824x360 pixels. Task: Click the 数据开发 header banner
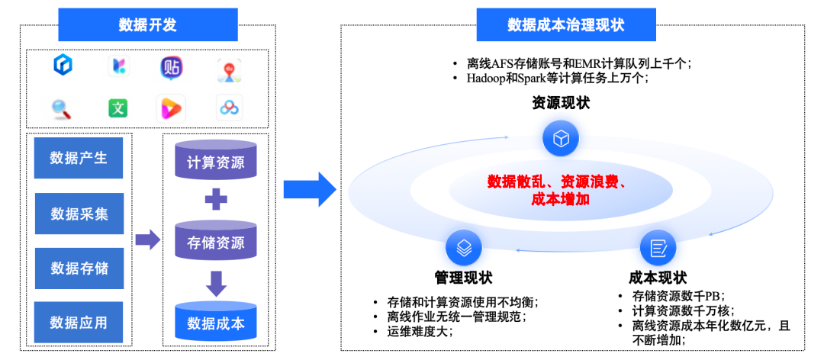click(x=147, y=24)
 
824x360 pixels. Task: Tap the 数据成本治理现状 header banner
click(x=565, y=24)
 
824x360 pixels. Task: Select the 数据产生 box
click(x=79, y=158)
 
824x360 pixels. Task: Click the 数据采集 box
click(x=79, y=214)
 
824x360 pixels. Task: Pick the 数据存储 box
click(x=79, y=268)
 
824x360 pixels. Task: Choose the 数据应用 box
click(x=79, y=323)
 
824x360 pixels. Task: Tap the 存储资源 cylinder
click(x=216, y=242)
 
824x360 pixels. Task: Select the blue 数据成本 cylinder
click(x=216, y=323)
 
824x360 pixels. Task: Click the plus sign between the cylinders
click(x=217, y=201)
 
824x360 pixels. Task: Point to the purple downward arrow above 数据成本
click(x=217, y=283)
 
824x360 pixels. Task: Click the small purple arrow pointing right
click(x=147, y=240)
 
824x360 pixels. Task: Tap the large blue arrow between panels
click(x=310, y=189)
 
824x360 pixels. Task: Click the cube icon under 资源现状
click(x=561, y=139)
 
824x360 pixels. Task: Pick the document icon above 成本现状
click(x=658, y=247)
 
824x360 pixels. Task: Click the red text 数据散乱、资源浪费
click(x=558, y=182)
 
